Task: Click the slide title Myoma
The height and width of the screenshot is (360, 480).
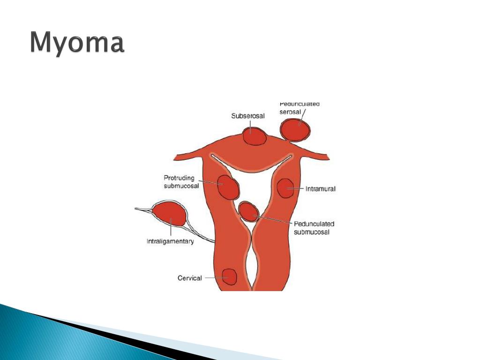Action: tap(78, 44)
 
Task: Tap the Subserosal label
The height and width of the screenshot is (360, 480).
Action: tap(248, 116)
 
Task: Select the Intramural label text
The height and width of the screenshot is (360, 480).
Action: tap(321, 189)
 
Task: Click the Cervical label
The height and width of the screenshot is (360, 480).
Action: tap(190, 278)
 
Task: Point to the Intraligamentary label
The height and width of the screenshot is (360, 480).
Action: tap(170, 242)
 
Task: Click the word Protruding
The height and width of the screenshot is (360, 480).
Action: tap(179, 178)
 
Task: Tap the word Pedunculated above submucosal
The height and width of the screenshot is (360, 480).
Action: tap(314, 224)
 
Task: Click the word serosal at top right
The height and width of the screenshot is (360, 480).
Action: tap(290, 112)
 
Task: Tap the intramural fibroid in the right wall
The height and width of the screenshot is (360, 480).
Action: tap(285, 188)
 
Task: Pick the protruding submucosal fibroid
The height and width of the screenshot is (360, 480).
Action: tap(229, 187)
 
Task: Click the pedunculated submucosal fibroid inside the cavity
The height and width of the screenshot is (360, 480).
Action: tap(248, 211)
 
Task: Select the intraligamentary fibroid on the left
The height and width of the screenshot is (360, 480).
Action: tap(170, 214)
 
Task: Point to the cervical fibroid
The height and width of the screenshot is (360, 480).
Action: tap(229, 277)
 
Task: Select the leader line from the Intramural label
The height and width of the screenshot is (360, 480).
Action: tap(298, 188)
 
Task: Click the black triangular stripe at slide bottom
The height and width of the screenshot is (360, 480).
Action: tap(117, 332)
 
